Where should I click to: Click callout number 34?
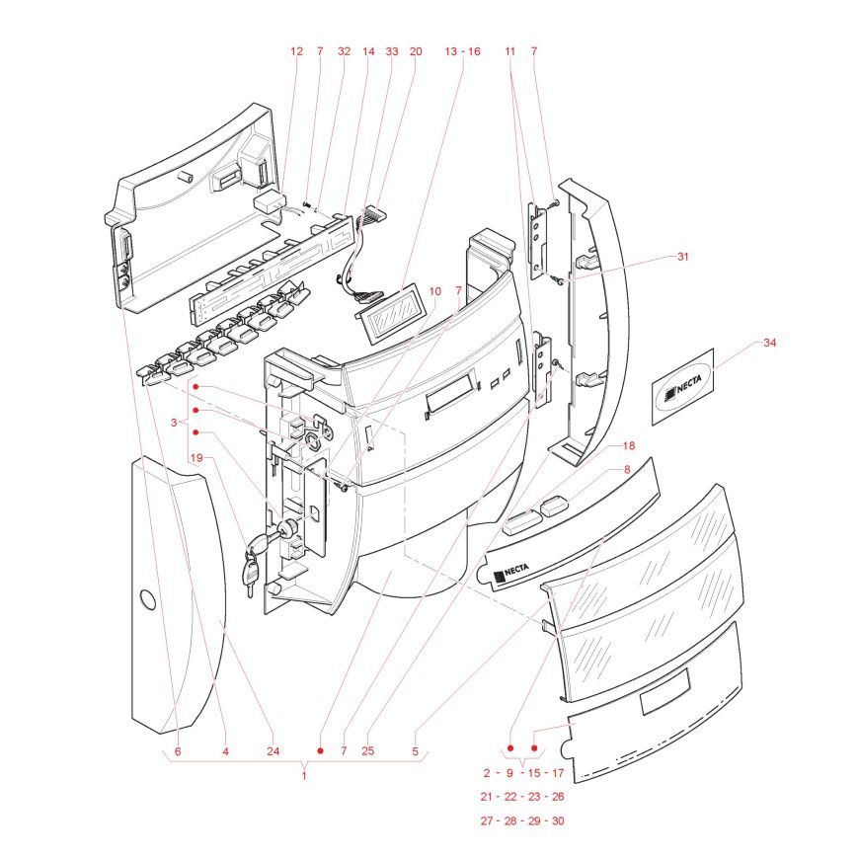point(770,344)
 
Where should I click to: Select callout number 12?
point(297,50)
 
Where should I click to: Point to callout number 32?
point(344,50)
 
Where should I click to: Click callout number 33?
point(392,50)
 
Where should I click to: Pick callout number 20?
point(415,50)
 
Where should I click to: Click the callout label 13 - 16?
point(462,50)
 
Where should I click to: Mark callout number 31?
point(681,257)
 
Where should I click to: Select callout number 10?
point(434,291)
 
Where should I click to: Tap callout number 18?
point(629,447)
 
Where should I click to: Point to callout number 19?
point(196,458)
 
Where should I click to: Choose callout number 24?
point(273,751)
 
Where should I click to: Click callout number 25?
point(367,751)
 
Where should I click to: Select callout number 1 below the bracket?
point(304,776)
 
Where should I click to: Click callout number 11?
point(510,50)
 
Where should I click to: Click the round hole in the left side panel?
point(146,599)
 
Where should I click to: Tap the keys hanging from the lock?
point(251,573)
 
